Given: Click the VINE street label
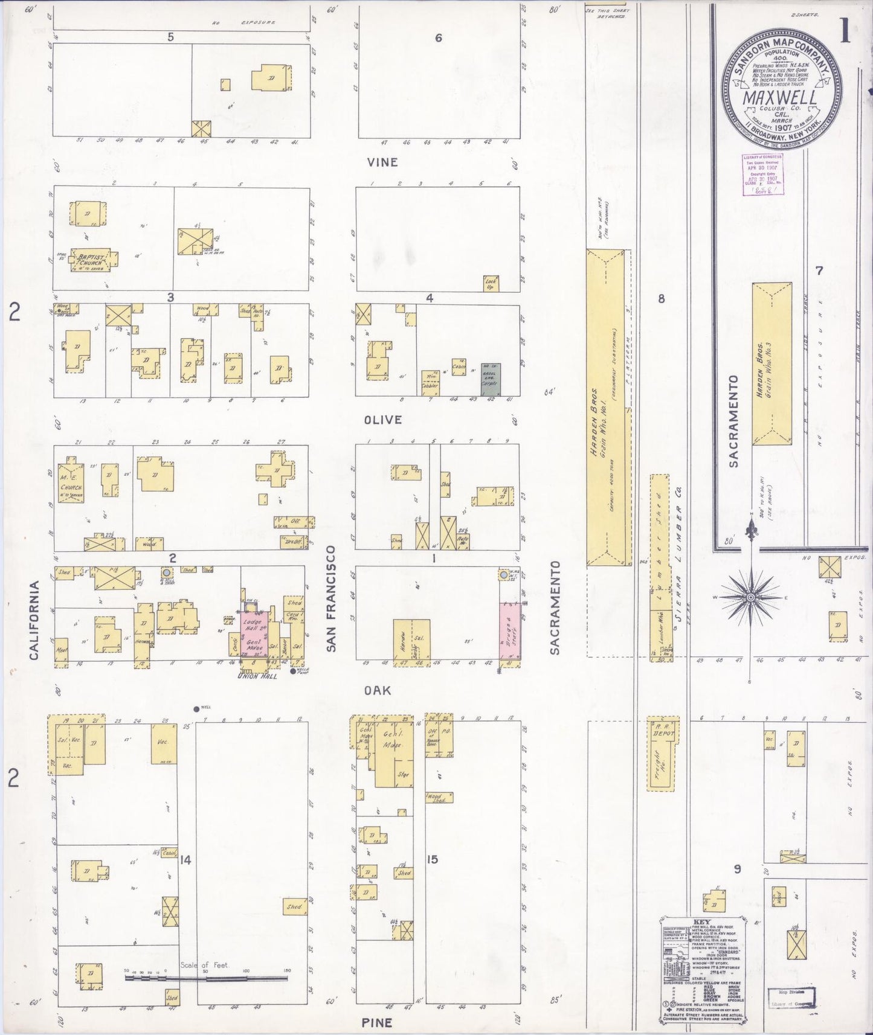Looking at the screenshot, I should pyautogui.click(x=383, y=162).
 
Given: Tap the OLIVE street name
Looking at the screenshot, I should pyautogui.click(x=383, y=420).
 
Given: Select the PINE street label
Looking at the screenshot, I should pyautogui.click(x=378, y=1022).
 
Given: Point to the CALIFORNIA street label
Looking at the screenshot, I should pyautogui.click(x=34, y=620).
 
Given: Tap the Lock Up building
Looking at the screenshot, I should pyautogui.click(x=491, y=283).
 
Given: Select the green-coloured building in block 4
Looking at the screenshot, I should pyautogui.click(x=489, y=378).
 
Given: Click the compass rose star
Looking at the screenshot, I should pyautogui.click(x=751, y=597).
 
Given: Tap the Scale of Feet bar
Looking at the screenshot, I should pyautogui.click(x=205, y=976).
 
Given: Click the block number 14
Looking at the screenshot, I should pyautogui.click(x=185, y=860).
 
